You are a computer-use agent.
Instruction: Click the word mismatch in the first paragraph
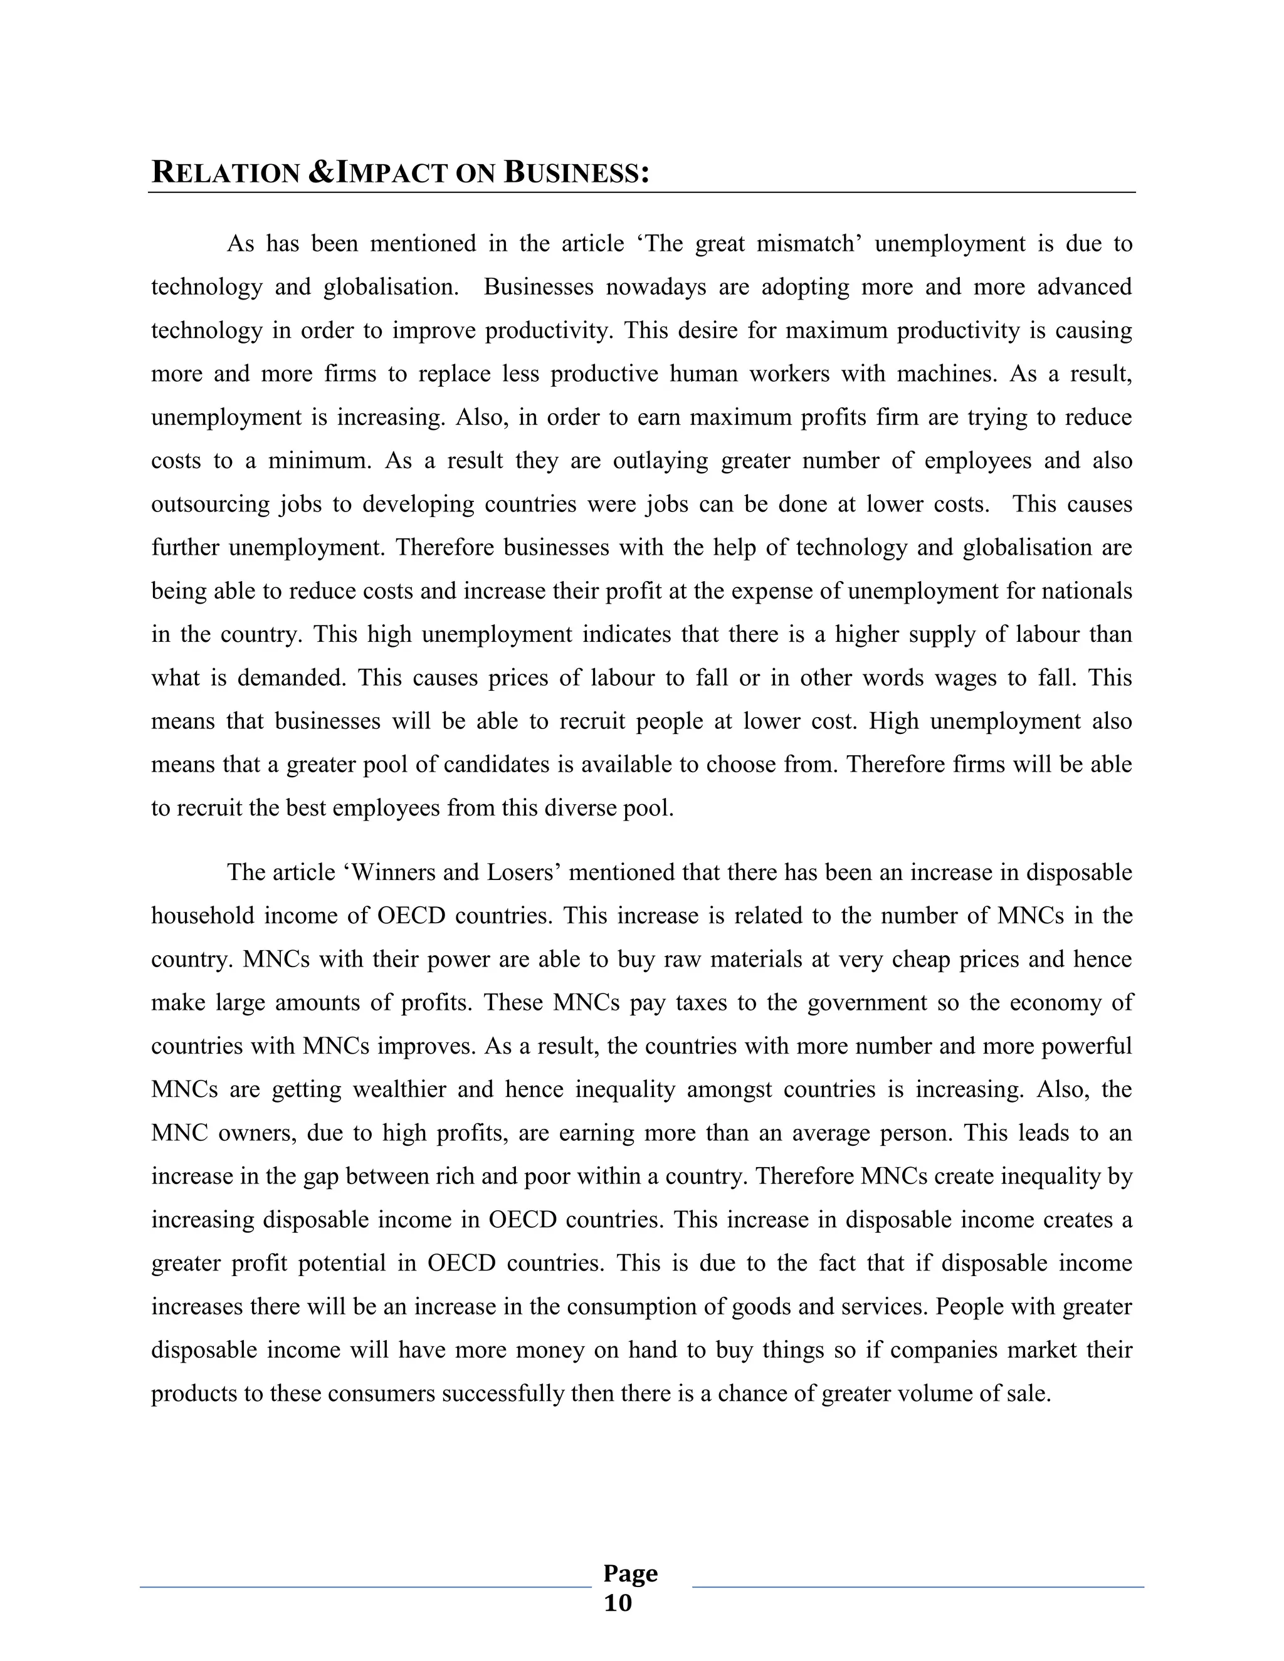click(x=808, y=243)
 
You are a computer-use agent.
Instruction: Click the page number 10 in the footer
click(x=618, y=1603)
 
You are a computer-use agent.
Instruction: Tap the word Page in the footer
click(x=630, y=1572)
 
